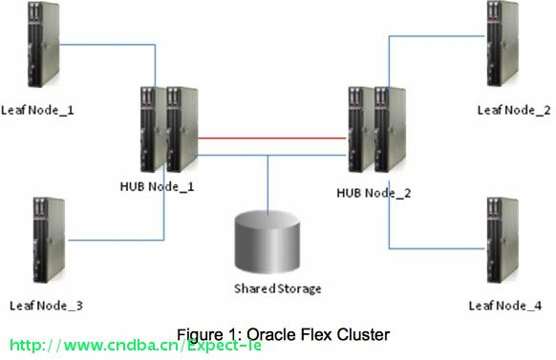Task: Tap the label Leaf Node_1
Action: (x=37, y=111)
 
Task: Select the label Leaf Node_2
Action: (x=513, y=111)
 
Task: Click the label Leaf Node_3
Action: (x=46, y=306)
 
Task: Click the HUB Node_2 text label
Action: (x=374, y=193)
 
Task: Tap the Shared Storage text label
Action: (x=277, y=288)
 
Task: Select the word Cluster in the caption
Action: (x=366, y=334)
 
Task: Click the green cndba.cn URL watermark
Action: (x=135, y=345)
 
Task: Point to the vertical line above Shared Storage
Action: (x=267, y=181)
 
